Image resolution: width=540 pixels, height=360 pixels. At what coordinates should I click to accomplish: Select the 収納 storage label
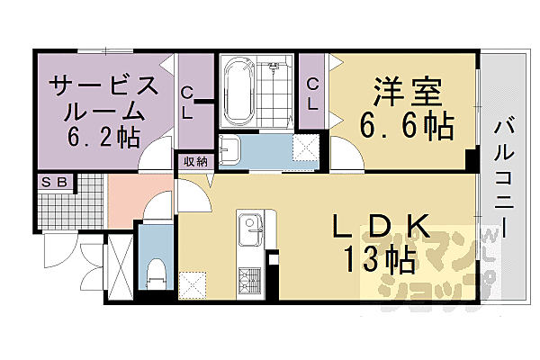(195, 162)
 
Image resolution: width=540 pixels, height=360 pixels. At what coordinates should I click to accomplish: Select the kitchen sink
(248, 227)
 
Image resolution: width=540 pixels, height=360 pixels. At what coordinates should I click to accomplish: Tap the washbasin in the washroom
(230, 149)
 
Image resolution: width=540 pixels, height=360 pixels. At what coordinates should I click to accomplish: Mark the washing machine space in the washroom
(307, 149)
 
